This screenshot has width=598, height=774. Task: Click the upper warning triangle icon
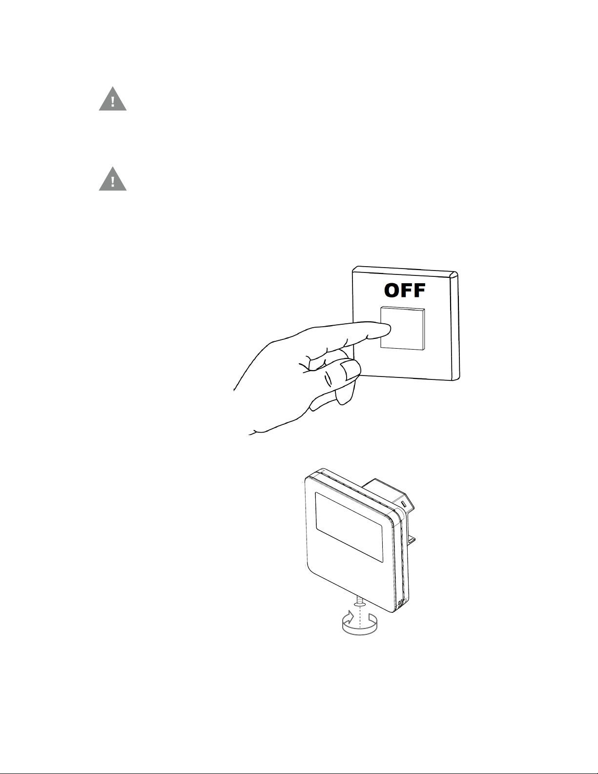point(113,100)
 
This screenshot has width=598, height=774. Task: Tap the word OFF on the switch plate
point(405,291)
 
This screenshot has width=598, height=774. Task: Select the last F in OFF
point(417,291)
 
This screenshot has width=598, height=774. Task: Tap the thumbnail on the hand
point(350,370)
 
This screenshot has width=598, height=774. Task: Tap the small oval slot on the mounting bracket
point(403,502)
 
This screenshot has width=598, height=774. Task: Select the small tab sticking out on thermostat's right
point(412,540)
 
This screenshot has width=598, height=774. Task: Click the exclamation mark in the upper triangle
point(113,102)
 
